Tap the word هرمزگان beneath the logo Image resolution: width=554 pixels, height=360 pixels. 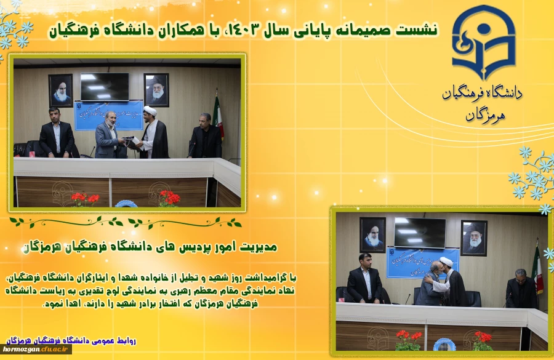tap(483, 115)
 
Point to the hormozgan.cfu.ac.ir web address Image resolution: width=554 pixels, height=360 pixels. tap(36, 350)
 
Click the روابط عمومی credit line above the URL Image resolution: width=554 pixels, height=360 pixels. tap(71, 340)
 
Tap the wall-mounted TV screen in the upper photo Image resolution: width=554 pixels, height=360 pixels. tap(105, 87)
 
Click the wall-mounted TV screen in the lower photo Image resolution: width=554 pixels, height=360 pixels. tap(420, 232)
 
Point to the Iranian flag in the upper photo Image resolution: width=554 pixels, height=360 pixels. tap(217, 117)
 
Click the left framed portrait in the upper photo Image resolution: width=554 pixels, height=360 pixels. tap(60, 90)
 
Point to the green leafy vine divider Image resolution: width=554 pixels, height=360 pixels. tap(126, 222)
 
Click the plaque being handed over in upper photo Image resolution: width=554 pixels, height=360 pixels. tap(130, 140)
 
